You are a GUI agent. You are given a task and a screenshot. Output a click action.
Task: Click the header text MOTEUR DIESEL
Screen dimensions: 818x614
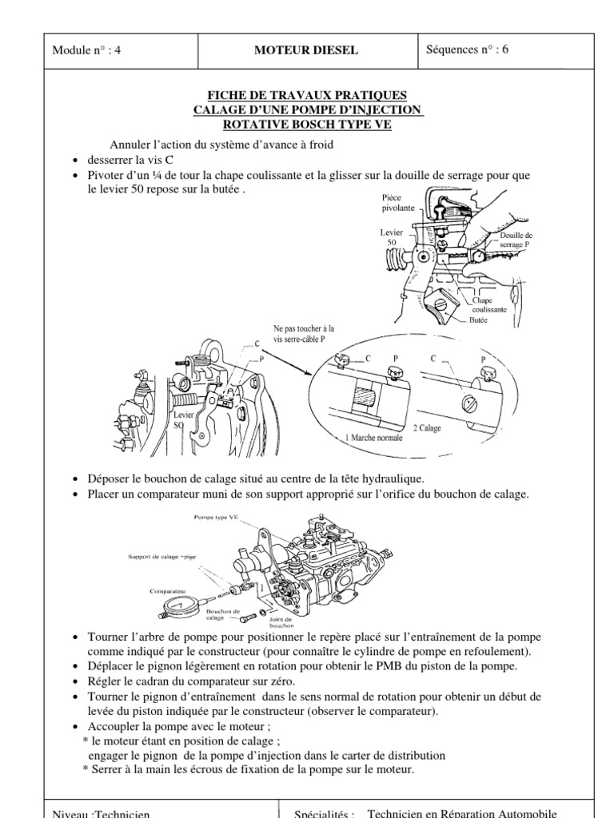tap(305, 50)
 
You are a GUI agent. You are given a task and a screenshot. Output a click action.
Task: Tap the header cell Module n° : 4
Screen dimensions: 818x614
tap(87, 50)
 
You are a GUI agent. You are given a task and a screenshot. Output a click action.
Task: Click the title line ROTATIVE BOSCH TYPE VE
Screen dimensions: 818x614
tap(307, 123)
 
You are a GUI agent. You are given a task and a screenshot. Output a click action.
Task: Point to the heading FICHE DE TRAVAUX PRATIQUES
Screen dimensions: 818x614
tap(307, 95)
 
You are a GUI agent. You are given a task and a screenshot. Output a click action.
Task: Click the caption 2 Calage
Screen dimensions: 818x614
tap(427, 428)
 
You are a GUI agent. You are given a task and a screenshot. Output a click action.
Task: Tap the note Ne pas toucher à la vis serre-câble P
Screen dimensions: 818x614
tap(305, 333)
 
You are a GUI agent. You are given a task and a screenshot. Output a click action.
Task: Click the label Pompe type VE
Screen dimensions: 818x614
tap(216, 518)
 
